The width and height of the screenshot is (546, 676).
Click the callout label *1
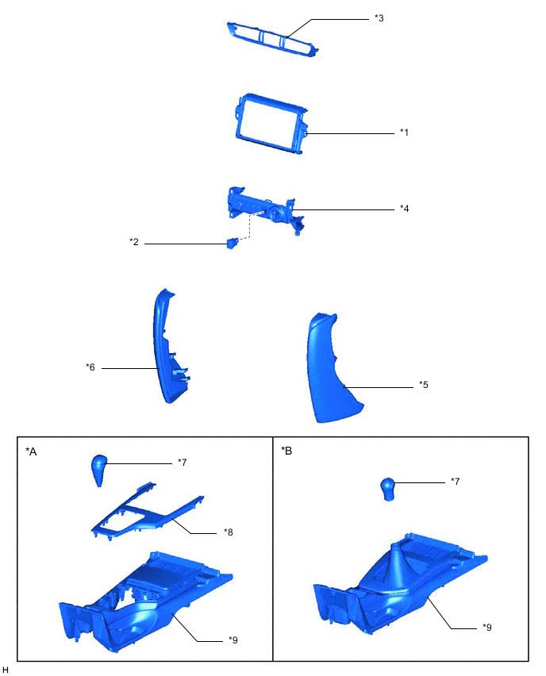coord(404,133)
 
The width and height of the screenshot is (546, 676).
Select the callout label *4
coord(404,209)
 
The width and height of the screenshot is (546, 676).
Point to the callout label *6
coord(90,367)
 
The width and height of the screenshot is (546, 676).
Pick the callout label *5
coord(424,386)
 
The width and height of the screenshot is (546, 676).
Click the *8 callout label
coord(229,532)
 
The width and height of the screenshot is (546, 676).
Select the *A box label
coord(31,451)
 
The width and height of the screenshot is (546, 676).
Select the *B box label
coord(286,451)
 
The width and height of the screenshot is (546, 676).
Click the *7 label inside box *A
coord(182,461)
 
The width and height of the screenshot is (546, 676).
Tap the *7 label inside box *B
coord(455,481)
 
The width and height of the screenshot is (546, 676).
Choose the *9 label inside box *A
coord(233,640)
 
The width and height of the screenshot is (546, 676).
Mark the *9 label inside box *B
coord(486,626)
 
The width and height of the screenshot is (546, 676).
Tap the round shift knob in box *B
coord(387,490)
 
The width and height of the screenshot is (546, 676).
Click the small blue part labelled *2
coord(232,243)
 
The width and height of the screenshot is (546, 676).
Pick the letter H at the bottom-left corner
coord(6,670)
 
